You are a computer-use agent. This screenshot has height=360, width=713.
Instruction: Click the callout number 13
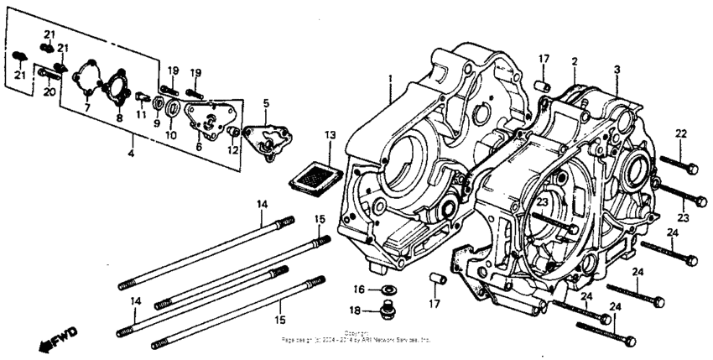(x=330, y=134)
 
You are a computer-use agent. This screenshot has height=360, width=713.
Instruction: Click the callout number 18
(x=355, y=310)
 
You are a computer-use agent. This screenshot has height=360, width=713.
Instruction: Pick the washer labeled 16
(x=388, y=290)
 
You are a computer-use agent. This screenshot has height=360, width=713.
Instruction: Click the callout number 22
(x=680, y=133)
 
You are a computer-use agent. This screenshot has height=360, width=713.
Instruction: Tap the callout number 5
(x=266, y=103)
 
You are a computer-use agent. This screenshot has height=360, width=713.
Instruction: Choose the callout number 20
(x=49, y=91)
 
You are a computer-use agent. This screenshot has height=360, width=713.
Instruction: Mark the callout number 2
(x=575, y=61)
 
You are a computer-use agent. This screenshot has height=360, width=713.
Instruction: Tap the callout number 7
(x=86, y=108)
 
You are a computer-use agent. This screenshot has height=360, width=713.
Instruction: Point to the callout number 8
(x=120, y=118)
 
